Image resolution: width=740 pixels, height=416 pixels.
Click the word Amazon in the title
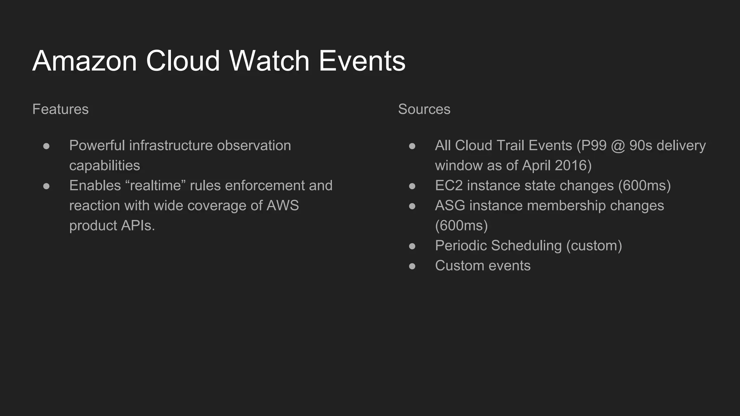[x=85, y=61]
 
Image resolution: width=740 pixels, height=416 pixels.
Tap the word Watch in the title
[x=269, y=61]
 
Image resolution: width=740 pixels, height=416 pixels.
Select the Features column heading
[x=60, y=109]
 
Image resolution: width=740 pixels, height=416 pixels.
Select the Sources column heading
[x=424, y=109]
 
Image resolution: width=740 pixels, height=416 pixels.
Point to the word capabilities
[x=104, y=166]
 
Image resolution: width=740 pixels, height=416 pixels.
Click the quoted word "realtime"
[x=155, y=186]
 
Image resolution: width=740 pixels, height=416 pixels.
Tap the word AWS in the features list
[x=283, y=205]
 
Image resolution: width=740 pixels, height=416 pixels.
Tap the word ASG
[x=450, y=205]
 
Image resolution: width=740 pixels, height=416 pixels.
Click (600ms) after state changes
[x=644, y=186]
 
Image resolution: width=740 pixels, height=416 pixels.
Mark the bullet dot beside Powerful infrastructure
[x=46, y=146]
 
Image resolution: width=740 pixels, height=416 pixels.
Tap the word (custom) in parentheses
[x=594, y=246]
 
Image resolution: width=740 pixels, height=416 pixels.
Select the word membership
[x=555, y=205]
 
